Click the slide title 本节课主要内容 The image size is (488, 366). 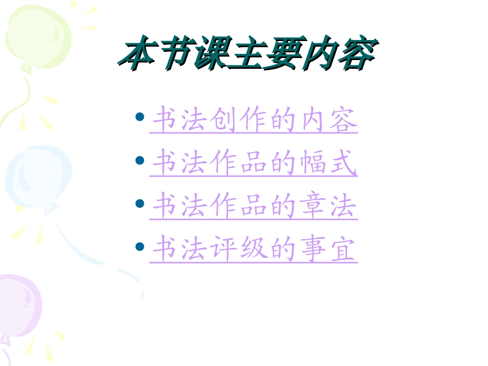pyautogui.click(x=247, y=54)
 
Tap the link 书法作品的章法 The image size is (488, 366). pyautogui.click(x=254, y=207)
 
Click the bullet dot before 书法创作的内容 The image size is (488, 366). pyautogui.click(x=139, y=117)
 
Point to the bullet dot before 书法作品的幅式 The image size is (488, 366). pyautogui.click(x=139, y=160)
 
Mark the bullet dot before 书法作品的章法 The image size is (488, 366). pyautogui.click(x=139, y=203)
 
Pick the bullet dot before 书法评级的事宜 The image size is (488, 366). pyautogui.click(x=139, y=246)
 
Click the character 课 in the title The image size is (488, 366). pyautogui.click(x=211, y=54)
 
